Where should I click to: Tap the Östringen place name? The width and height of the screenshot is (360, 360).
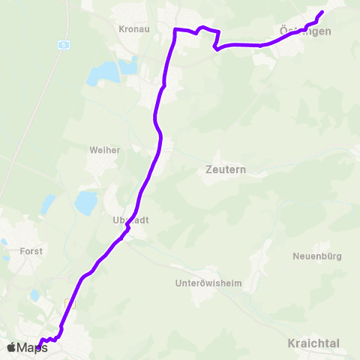[304, 31]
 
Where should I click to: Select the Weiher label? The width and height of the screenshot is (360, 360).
[105, 150]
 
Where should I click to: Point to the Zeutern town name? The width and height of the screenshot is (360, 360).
[226, 169]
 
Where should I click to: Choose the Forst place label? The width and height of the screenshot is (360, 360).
[32, 251]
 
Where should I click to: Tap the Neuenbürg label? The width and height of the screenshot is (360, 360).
[317, 256]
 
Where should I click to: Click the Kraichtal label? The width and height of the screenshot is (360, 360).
[313, 343]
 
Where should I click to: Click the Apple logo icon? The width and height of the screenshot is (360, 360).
[10, 347]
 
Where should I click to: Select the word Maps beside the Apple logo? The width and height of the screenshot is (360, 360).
[32, 347]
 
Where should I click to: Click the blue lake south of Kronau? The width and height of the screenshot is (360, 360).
[103, 73]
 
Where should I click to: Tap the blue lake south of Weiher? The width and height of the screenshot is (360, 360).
[86, 202]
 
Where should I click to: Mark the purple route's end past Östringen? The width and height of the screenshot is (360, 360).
[322, 11]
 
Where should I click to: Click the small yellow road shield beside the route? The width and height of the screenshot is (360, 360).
[70, 304]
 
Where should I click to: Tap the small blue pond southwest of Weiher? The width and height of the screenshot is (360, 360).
[48, 204]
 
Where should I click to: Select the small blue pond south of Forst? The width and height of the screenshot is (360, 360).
[35, 295]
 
